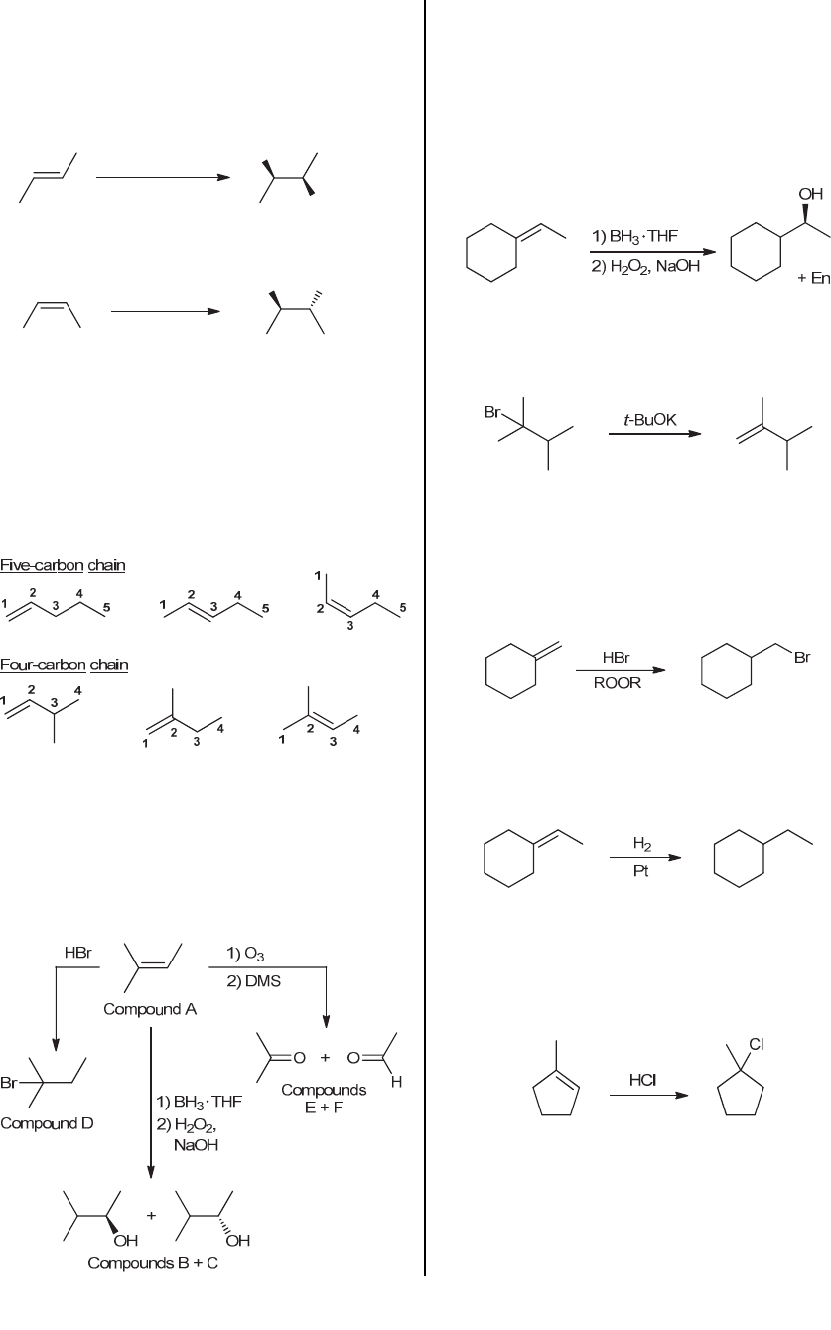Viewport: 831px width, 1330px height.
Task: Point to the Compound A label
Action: click(x=150, y=1010)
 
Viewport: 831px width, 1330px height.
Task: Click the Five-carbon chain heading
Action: click(x=63, y=565)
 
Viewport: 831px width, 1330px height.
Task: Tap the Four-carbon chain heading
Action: click(x=64, y=664)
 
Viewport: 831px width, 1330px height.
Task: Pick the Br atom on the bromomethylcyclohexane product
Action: click(x=801, y=657)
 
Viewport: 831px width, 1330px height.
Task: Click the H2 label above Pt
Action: click(x=641, y=844)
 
